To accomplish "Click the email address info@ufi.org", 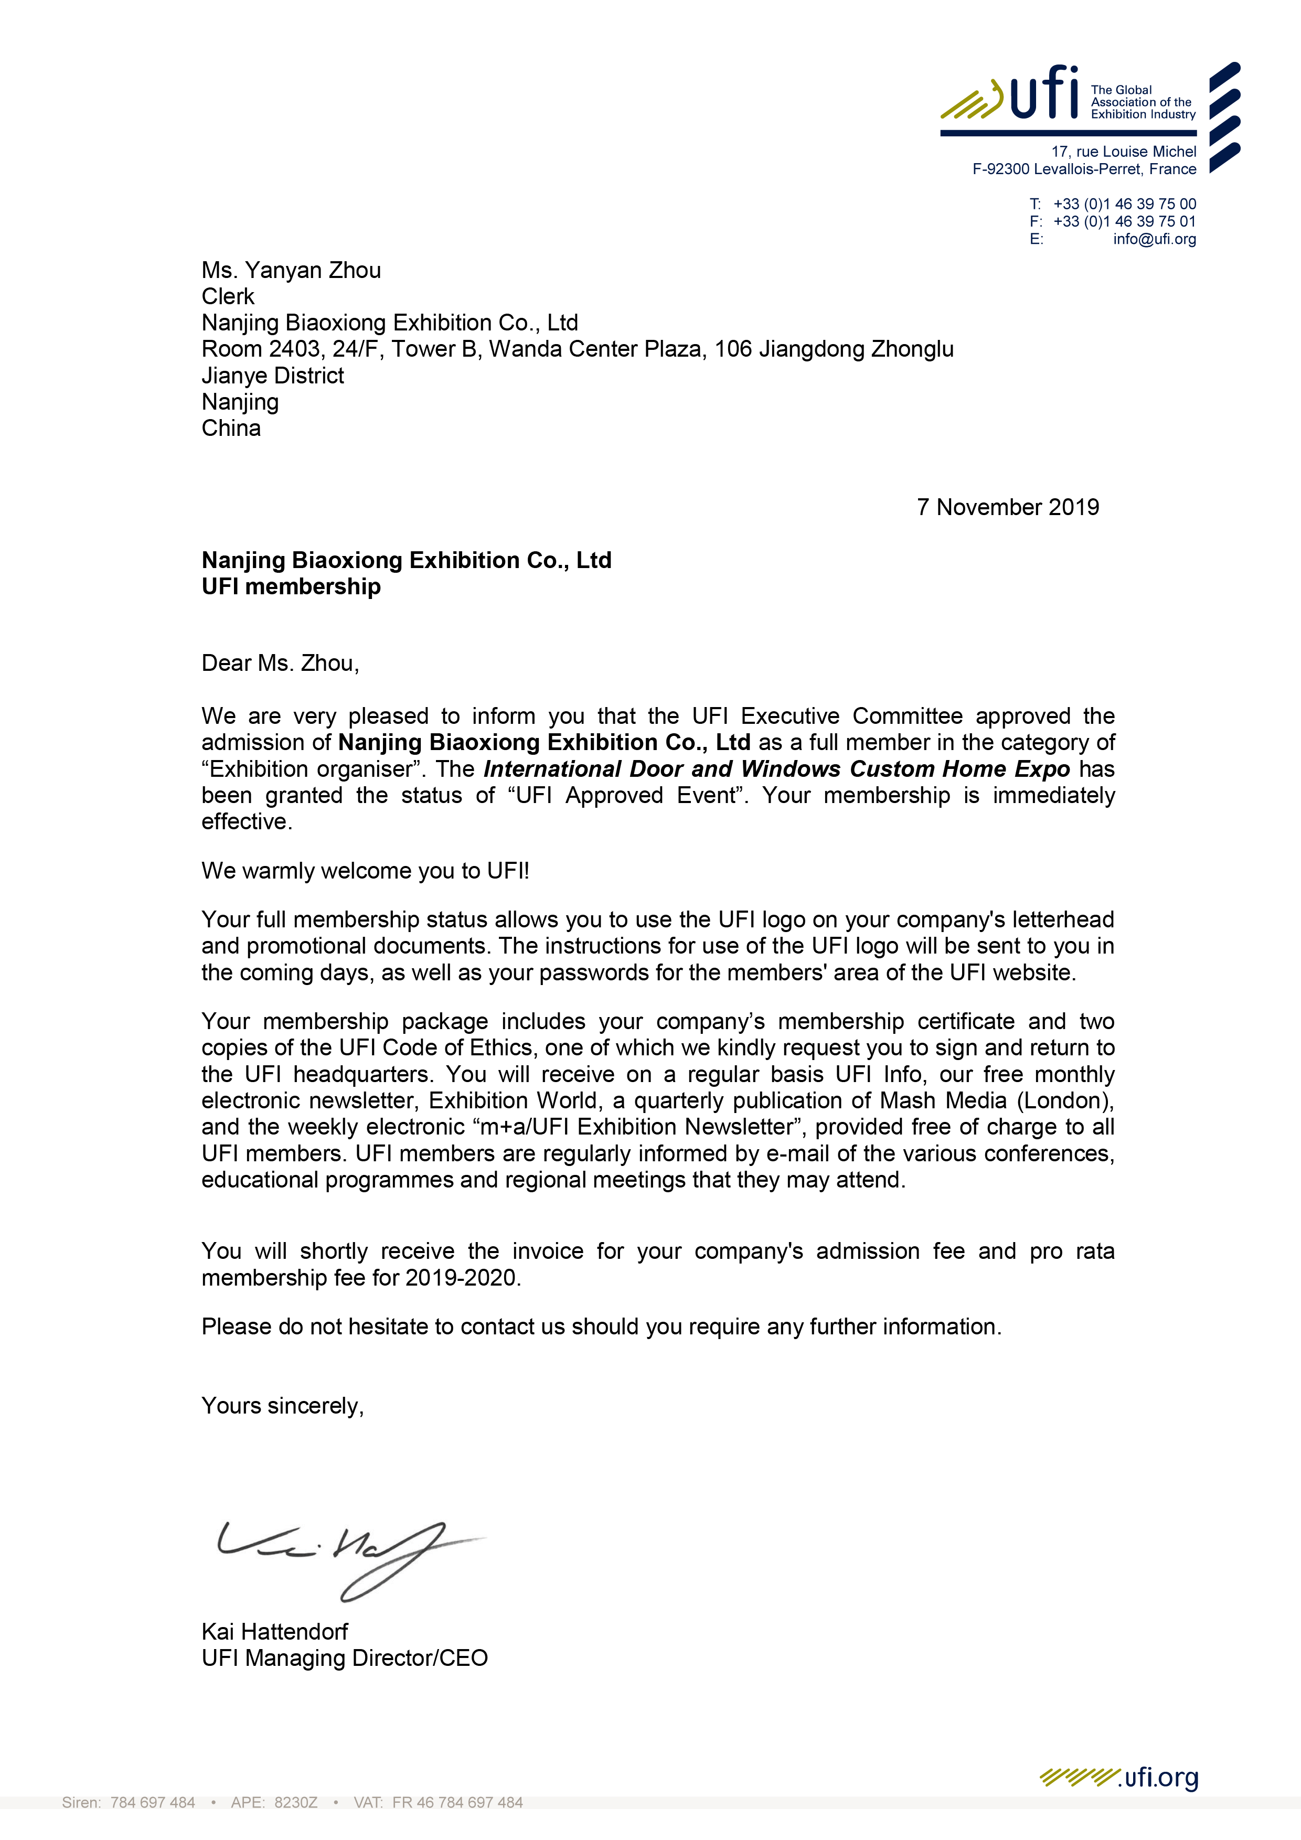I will [x=1154, y=239].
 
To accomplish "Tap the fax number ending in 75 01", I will [x=1124, y=221].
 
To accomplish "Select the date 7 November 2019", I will [x=1008, y=507].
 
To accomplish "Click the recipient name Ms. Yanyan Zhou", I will [x=291, y=270].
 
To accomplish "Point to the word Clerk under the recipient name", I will [x=228, y=296].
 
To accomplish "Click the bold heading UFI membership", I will [x=291, y=586].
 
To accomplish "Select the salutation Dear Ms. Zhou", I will [x=280, y=664].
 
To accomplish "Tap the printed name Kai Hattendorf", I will [x=274, y=1632].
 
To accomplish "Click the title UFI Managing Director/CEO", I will [x=345, y=1658].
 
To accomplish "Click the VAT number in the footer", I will [x=457, y=1802].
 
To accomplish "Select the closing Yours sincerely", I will [x=282, y=1406].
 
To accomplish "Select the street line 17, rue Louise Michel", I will [x=1123, y=152].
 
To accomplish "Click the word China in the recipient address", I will [x=231, y=429].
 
